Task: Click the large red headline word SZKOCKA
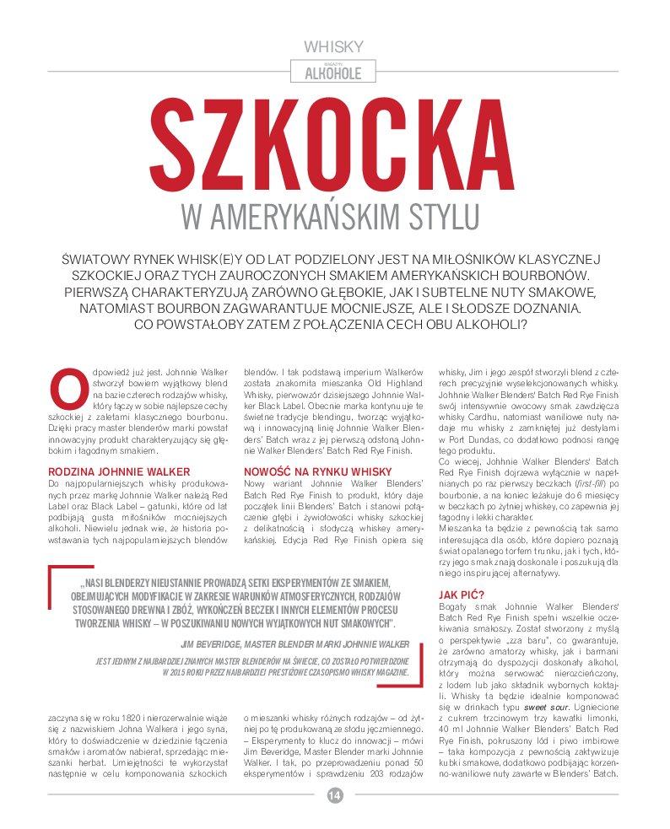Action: [x=335, y=140]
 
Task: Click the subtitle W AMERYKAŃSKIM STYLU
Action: [x=335, y=215]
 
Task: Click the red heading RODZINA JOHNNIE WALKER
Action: [x=119, y=471]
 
